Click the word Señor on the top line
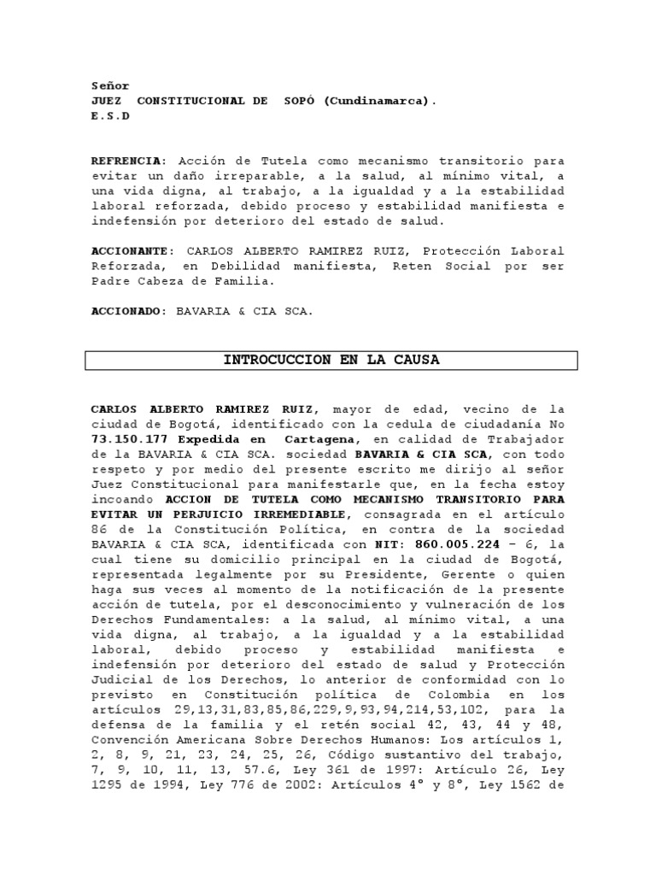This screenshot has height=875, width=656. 110,85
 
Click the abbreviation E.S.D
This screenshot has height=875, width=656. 110,115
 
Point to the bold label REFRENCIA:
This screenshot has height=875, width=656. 129,160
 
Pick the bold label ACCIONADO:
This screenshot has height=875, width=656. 129,312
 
